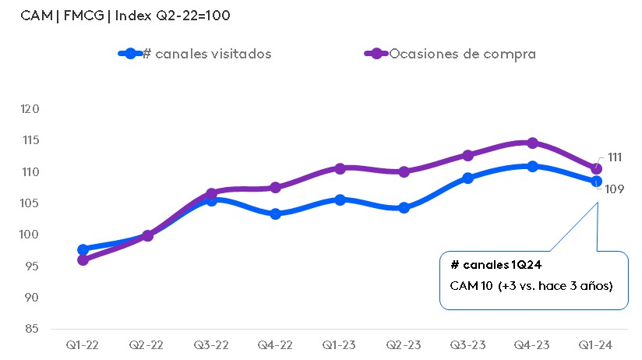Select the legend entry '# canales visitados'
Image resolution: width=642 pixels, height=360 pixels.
pyautogui.click(x=206, y=54)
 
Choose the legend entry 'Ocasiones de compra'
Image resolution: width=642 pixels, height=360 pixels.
pyautogui.click(x=462, y=54)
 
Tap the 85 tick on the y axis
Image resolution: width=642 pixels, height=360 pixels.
pyautogui.click(x=30, y=329)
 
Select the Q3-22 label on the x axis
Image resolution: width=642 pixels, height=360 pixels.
pyautogui.click(x=211, y=344)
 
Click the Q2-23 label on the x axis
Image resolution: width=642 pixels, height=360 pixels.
pyautogui.click(x=404, y=344)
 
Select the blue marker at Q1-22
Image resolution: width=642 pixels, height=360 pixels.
pyautogui.click(x=83, y=249)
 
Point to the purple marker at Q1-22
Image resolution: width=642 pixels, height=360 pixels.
pyautogui.click(x=83, y=259)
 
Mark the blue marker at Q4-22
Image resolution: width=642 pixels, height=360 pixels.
pyautogui.click(x=276, y=214)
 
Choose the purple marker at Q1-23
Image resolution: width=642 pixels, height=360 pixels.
pyautogui.click(x=340, y=168)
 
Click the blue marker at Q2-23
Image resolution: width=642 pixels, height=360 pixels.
pyautogui.click(x=404, y=208)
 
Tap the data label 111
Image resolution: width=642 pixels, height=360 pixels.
pyautogui.click(x=614, y=157)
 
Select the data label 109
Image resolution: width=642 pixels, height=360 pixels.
pyautogui.click(x=615, y=189)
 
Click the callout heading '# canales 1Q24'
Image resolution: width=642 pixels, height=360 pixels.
pyautogui.click(x=490, y=265)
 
